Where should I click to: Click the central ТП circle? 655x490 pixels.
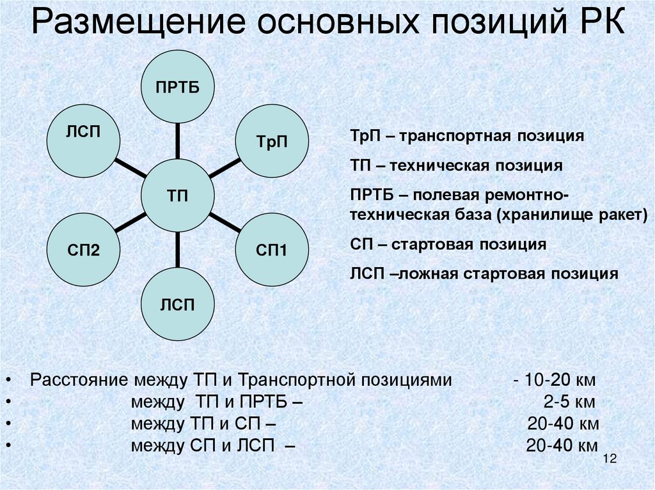point(177,195)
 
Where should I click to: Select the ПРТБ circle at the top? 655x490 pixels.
point(177,88)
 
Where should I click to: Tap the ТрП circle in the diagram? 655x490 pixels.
point(271,141)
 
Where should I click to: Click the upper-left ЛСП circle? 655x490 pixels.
point(84,141)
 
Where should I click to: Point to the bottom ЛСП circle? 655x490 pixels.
point(177,303)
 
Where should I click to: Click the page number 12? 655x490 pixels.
point(608,460)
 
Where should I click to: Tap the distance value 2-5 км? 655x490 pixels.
point(568,403)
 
